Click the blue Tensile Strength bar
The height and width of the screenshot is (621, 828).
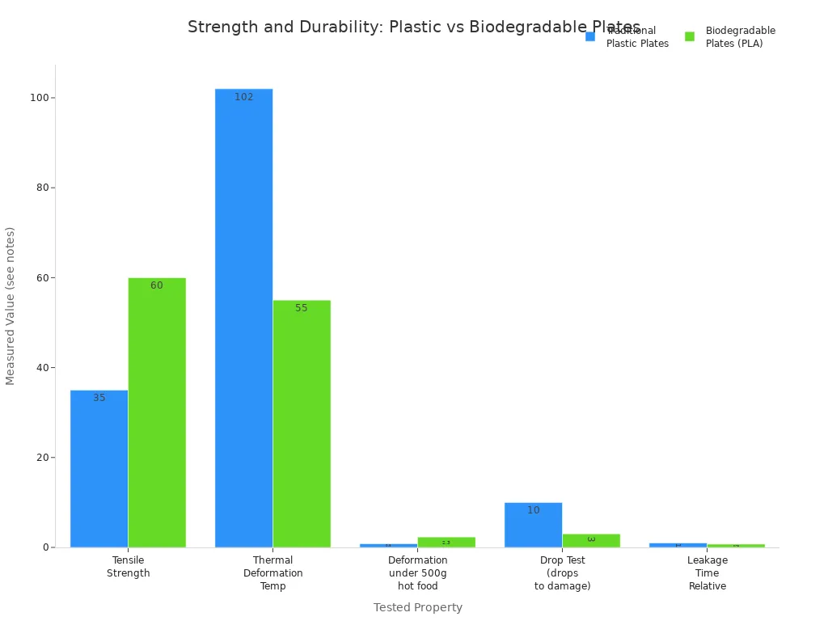coord(99,469)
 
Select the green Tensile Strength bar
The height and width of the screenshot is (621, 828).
coord(157,412)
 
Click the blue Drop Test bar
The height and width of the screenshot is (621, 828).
coord(533,525)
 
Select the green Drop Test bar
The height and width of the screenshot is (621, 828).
coord(591,540)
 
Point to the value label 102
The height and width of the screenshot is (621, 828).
coord(243,97)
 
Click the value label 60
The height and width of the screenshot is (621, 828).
coord(157,285)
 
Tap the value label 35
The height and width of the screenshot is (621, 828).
coord(99,398)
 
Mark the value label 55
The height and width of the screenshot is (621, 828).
coord(302,308)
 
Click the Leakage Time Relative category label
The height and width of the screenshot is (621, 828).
coord(707,573)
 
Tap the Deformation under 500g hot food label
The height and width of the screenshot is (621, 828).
coord(417,573)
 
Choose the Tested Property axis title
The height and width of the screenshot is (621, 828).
coord(417,607)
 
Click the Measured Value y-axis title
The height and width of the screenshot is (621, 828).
coord(11,306)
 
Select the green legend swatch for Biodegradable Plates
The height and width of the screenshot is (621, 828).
coord(690,36)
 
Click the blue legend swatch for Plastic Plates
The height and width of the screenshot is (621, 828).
coord(590,36)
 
